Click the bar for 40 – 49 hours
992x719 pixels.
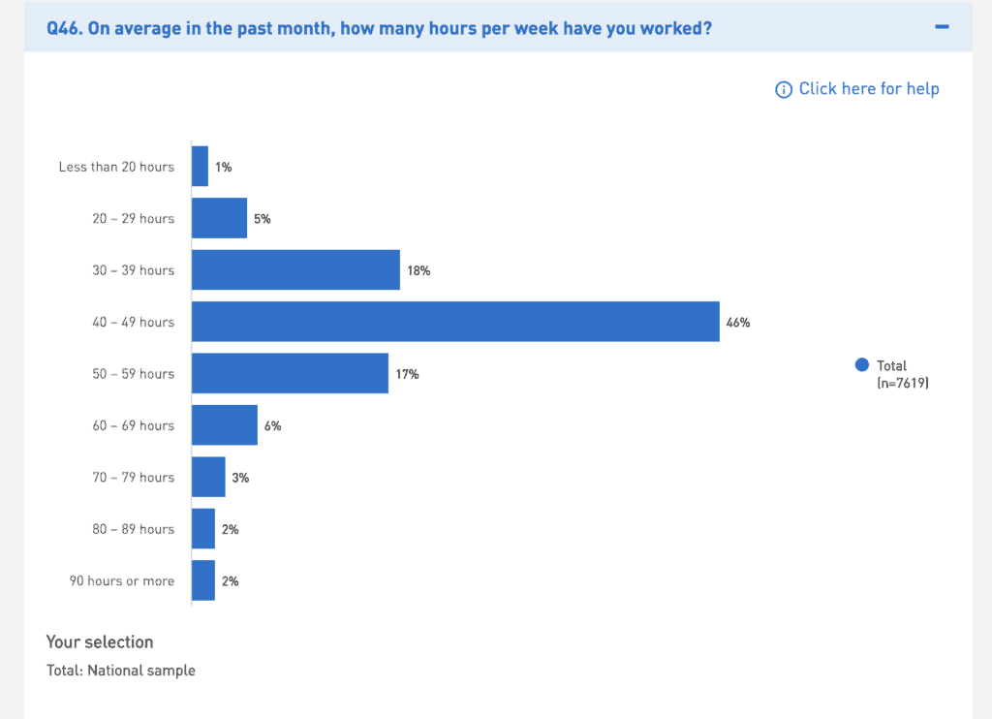click(455, 322)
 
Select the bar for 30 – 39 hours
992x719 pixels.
click(295, 270)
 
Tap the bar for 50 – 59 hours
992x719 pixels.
click(290, 374)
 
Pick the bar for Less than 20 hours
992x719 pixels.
click(200, 167)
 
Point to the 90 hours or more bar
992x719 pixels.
click(203, 581)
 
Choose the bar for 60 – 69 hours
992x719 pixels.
click(225, 425)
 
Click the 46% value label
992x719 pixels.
click(738, 323)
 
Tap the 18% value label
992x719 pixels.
click(418, 271)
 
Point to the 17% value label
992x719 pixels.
click(407, 374)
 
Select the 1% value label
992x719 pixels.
click(224, 168)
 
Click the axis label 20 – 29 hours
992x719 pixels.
click(134, 219)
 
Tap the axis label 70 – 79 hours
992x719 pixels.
click(134, 478)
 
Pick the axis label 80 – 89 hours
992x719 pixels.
click(134, 529)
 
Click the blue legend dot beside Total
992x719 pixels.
click(862, 365)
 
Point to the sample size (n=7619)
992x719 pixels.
click(903, 384)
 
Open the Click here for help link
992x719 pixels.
click(869, 89)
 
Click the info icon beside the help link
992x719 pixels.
click(784, 90)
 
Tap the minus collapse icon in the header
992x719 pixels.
click(942, 27)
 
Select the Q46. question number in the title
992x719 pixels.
click(65, 28)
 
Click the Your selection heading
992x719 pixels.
click(100, 641)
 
